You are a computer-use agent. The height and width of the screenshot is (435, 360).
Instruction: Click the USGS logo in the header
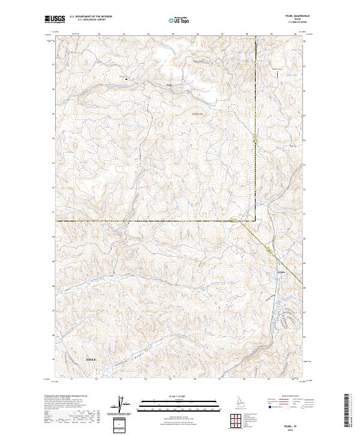click(x=55, y=19)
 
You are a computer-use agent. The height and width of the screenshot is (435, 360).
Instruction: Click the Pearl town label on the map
click(x=169, y=85)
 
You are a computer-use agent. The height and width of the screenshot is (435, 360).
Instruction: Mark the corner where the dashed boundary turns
click(x=256, y=221)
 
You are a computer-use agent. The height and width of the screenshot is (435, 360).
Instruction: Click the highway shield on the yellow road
click(x=257, y=140)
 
